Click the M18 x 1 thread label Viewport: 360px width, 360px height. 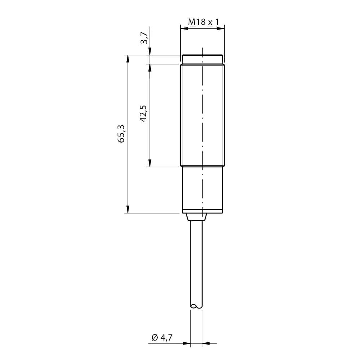[x=203, y=22]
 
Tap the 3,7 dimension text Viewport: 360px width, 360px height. [x=145, y=38]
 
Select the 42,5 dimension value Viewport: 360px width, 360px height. [x=143, y=113]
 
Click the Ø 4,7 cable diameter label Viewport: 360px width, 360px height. [x=162, y=338]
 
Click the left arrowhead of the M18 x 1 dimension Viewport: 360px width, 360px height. [x=184, y=28]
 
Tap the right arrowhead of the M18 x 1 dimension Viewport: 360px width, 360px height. [x=220, y=28]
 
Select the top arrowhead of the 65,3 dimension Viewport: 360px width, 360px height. [x=128, y=59]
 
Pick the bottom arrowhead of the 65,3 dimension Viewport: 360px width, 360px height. [x=128, y=209]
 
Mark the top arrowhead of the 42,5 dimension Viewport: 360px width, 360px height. [x=150, y=68]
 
